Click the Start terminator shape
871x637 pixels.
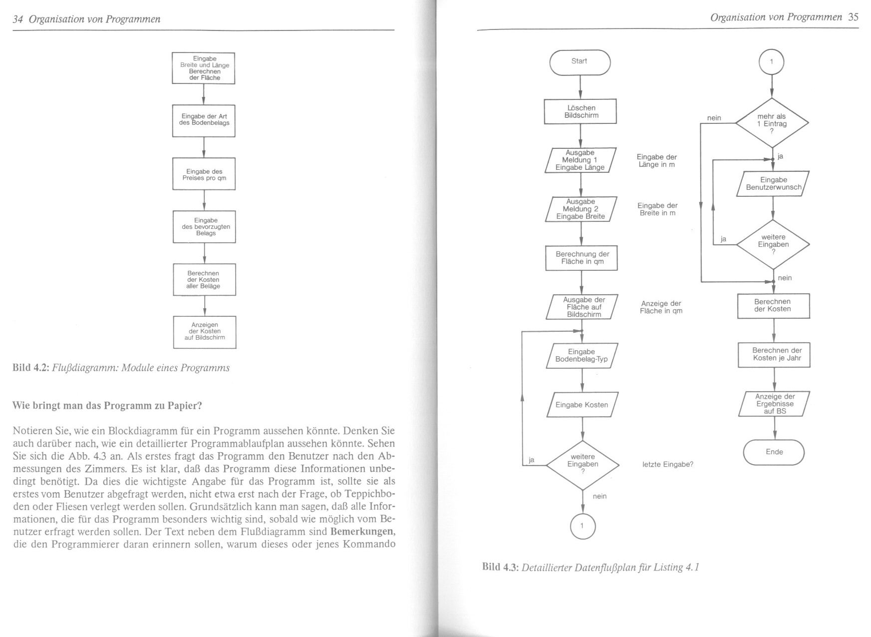[580, 62]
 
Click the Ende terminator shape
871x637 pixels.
[774, 452]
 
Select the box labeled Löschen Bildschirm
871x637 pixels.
[581, 111]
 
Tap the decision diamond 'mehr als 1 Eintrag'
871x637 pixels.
[772, 123]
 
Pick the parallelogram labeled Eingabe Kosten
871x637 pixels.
[582, 405]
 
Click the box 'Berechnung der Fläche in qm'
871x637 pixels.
[581, 258]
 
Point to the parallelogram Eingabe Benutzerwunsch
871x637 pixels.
[773, 184]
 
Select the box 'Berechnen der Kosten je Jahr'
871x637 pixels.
[774, 355]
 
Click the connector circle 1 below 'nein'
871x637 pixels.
[582, 526]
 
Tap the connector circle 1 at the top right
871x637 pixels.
[771, 62]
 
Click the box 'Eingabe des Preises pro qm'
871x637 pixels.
[204, 174]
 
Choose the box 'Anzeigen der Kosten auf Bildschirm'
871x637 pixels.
[205, 332]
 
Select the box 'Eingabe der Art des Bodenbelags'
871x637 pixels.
[204, 120]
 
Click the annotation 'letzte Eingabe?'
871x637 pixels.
[667, 465]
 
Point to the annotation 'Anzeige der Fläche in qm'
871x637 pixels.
[661, 307]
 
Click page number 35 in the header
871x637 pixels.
[853, 17]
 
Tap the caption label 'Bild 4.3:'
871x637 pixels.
[500, 567]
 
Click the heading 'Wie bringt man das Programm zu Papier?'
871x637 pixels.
[107, 406]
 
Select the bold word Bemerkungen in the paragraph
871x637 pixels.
[362, 532]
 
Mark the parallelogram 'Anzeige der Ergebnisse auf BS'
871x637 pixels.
[774, 404]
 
